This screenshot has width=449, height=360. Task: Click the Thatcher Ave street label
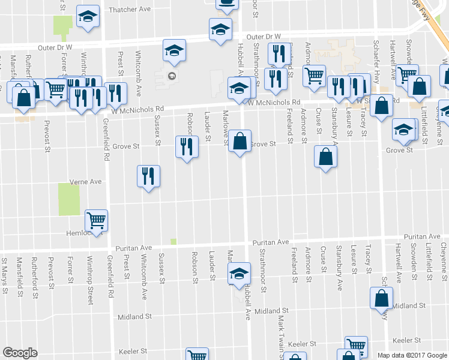coord(130,10)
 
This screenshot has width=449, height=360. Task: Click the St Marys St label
coord(4,271)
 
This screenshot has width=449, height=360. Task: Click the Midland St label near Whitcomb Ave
coord(136,317)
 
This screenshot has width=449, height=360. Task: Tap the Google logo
coord(20,353)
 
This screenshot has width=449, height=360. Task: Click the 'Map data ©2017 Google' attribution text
coord(412,355)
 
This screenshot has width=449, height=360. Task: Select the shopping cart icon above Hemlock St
coord(96,221)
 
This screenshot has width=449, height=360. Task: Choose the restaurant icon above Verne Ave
coord(148,176)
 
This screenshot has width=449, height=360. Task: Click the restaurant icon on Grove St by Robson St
coord(186,146)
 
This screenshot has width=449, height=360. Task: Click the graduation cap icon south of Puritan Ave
coord(239,274)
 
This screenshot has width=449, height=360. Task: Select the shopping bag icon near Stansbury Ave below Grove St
coord(325,157)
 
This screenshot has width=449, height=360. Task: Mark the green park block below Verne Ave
coord(69,199)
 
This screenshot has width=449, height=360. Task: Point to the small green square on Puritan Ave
coord(173,241)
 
